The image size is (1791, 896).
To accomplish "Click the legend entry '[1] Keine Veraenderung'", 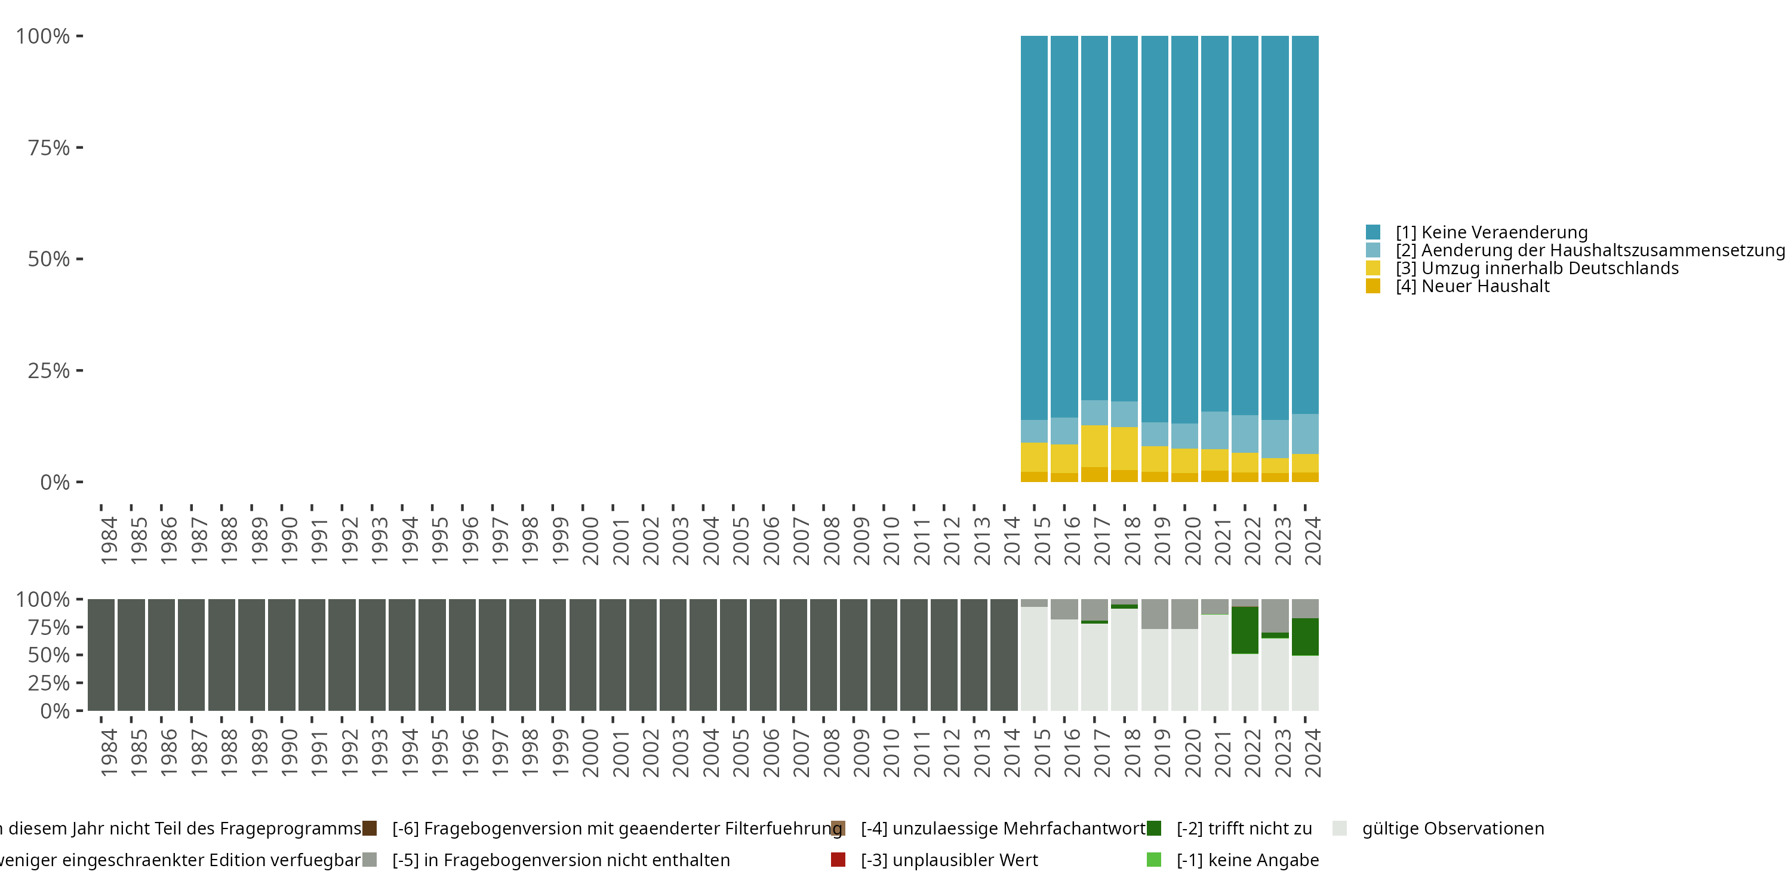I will (x=1491, y=232).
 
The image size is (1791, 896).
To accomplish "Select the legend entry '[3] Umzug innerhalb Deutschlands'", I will (x=1537, y=269).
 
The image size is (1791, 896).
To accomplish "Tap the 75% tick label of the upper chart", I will (x=49, y=148).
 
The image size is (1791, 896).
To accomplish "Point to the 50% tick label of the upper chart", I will (x=49, y=259).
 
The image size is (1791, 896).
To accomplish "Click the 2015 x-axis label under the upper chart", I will (x=1042, y=541).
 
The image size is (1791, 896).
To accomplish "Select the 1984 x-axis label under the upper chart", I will (x=109, y=541).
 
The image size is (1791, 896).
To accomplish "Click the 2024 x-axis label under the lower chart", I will (x=1312, y=753).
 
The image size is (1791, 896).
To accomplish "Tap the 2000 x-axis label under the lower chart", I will (x=590, y=753).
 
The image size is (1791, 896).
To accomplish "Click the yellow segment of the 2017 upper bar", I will (x=1094, y=446).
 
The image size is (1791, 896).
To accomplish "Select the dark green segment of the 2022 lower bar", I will (x=1245, y=630).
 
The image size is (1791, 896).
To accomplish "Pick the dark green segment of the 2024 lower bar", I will (x=1305, y=637).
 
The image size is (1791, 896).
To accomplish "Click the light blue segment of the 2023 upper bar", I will (x=1275, y=439).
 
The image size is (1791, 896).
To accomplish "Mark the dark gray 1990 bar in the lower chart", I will (x=282, y=655).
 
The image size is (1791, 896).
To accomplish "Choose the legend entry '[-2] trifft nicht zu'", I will (x=1244, y=829).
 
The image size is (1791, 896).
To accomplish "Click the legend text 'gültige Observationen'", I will (x=1453, y=829).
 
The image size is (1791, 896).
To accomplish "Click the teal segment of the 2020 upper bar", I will (x=1184, y=229).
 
